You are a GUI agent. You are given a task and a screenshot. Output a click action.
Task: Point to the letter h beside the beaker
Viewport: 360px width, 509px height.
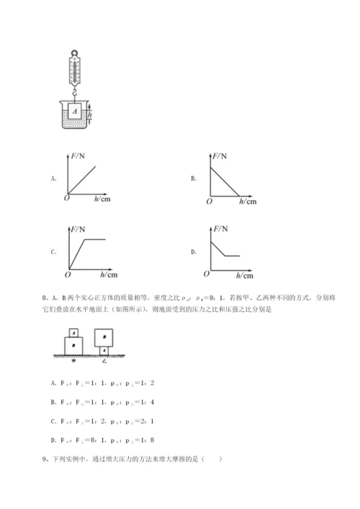point(90,114)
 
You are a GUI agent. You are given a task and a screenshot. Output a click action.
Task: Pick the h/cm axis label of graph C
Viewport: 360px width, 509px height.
point(107,274)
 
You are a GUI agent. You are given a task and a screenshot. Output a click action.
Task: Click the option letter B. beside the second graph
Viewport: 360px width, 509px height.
point(194,177)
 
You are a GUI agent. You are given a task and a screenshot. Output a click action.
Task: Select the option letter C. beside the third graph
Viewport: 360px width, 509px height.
point(53,252)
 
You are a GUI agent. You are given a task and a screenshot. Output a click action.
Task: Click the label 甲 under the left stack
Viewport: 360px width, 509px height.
point(73,362)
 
